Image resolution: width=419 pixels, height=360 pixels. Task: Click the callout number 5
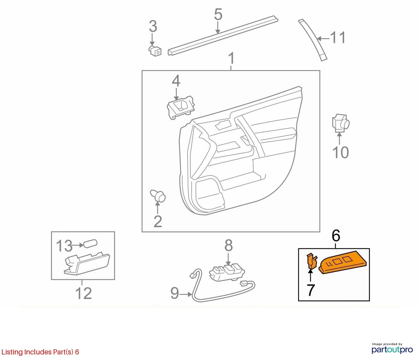218,14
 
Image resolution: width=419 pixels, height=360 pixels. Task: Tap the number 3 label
153,26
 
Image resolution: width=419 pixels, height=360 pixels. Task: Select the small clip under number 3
155,51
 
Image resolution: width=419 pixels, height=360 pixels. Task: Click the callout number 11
338,37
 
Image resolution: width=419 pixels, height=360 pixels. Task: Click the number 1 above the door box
231,58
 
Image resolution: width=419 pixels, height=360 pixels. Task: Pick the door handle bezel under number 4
181,108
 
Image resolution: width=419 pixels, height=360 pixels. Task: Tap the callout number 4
176,81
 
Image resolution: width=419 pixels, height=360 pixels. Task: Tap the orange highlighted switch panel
342,262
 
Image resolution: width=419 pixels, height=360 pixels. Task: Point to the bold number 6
336,235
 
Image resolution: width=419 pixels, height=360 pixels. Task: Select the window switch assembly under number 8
227,272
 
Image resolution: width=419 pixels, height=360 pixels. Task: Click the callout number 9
175,293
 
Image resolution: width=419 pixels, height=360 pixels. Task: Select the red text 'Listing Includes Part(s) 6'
40,352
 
